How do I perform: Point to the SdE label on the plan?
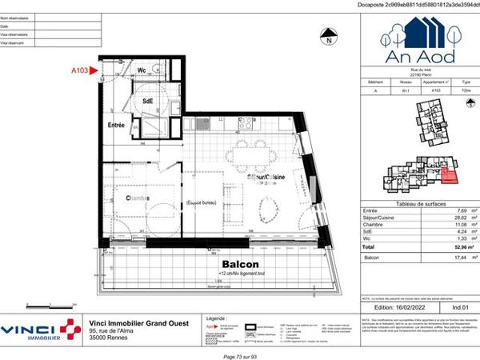coord(149,102)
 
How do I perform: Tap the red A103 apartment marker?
coord(79,71)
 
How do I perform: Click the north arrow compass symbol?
coord(326,34)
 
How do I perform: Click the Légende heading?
coord(218,318)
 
